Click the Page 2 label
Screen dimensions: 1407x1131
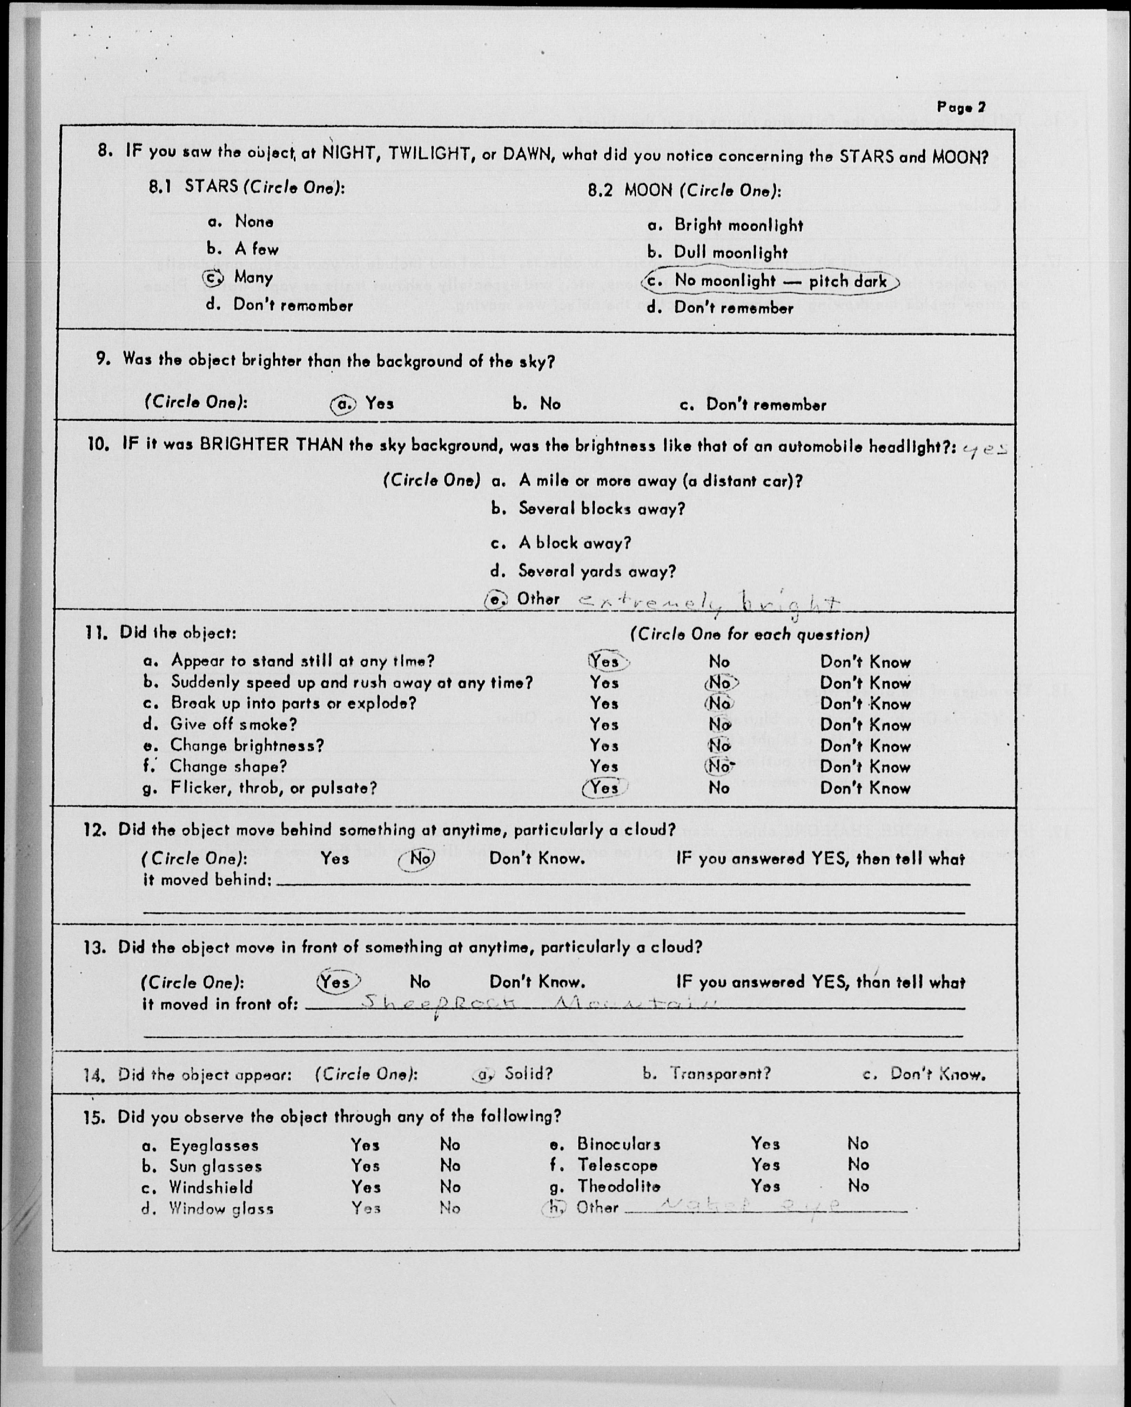click(961, 107)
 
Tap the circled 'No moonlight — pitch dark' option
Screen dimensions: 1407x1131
click(770, 281)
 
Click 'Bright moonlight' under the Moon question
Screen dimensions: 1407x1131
click(737, 225)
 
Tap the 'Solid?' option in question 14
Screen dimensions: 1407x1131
click(528, 1074)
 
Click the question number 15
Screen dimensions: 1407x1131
click(94, 1117)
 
